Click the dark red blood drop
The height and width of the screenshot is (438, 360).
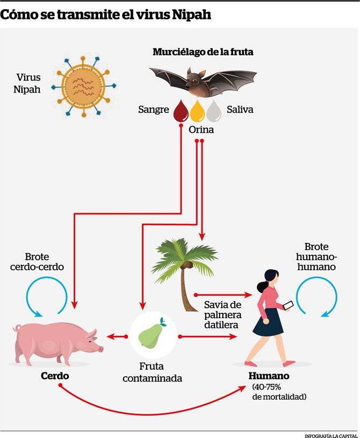(181, 111)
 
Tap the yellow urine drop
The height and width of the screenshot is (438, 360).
(197, 111)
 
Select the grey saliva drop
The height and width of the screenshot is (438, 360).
(214, 111)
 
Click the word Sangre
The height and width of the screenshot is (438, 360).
(154, 110)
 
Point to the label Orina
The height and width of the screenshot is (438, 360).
(201, 130)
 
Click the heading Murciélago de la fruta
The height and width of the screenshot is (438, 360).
(203, 52)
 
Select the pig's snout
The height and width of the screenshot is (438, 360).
(99, 349)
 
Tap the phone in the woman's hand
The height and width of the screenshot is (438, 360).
(288, 305)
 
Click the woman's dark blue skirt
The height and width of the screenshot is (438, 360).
(268, 322)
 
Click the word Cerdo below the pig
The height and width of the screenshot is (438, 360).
(55, 376)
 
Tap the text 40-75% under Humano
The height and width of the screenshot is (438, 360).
(267, 387)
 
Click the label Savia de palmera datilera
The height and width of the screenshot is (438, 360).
(222, 315)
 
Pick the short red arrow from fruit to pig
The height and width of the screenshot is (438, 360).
(117, 336)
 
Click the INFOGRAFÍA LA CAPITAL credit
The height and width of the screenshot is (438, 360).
(331, 436)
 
